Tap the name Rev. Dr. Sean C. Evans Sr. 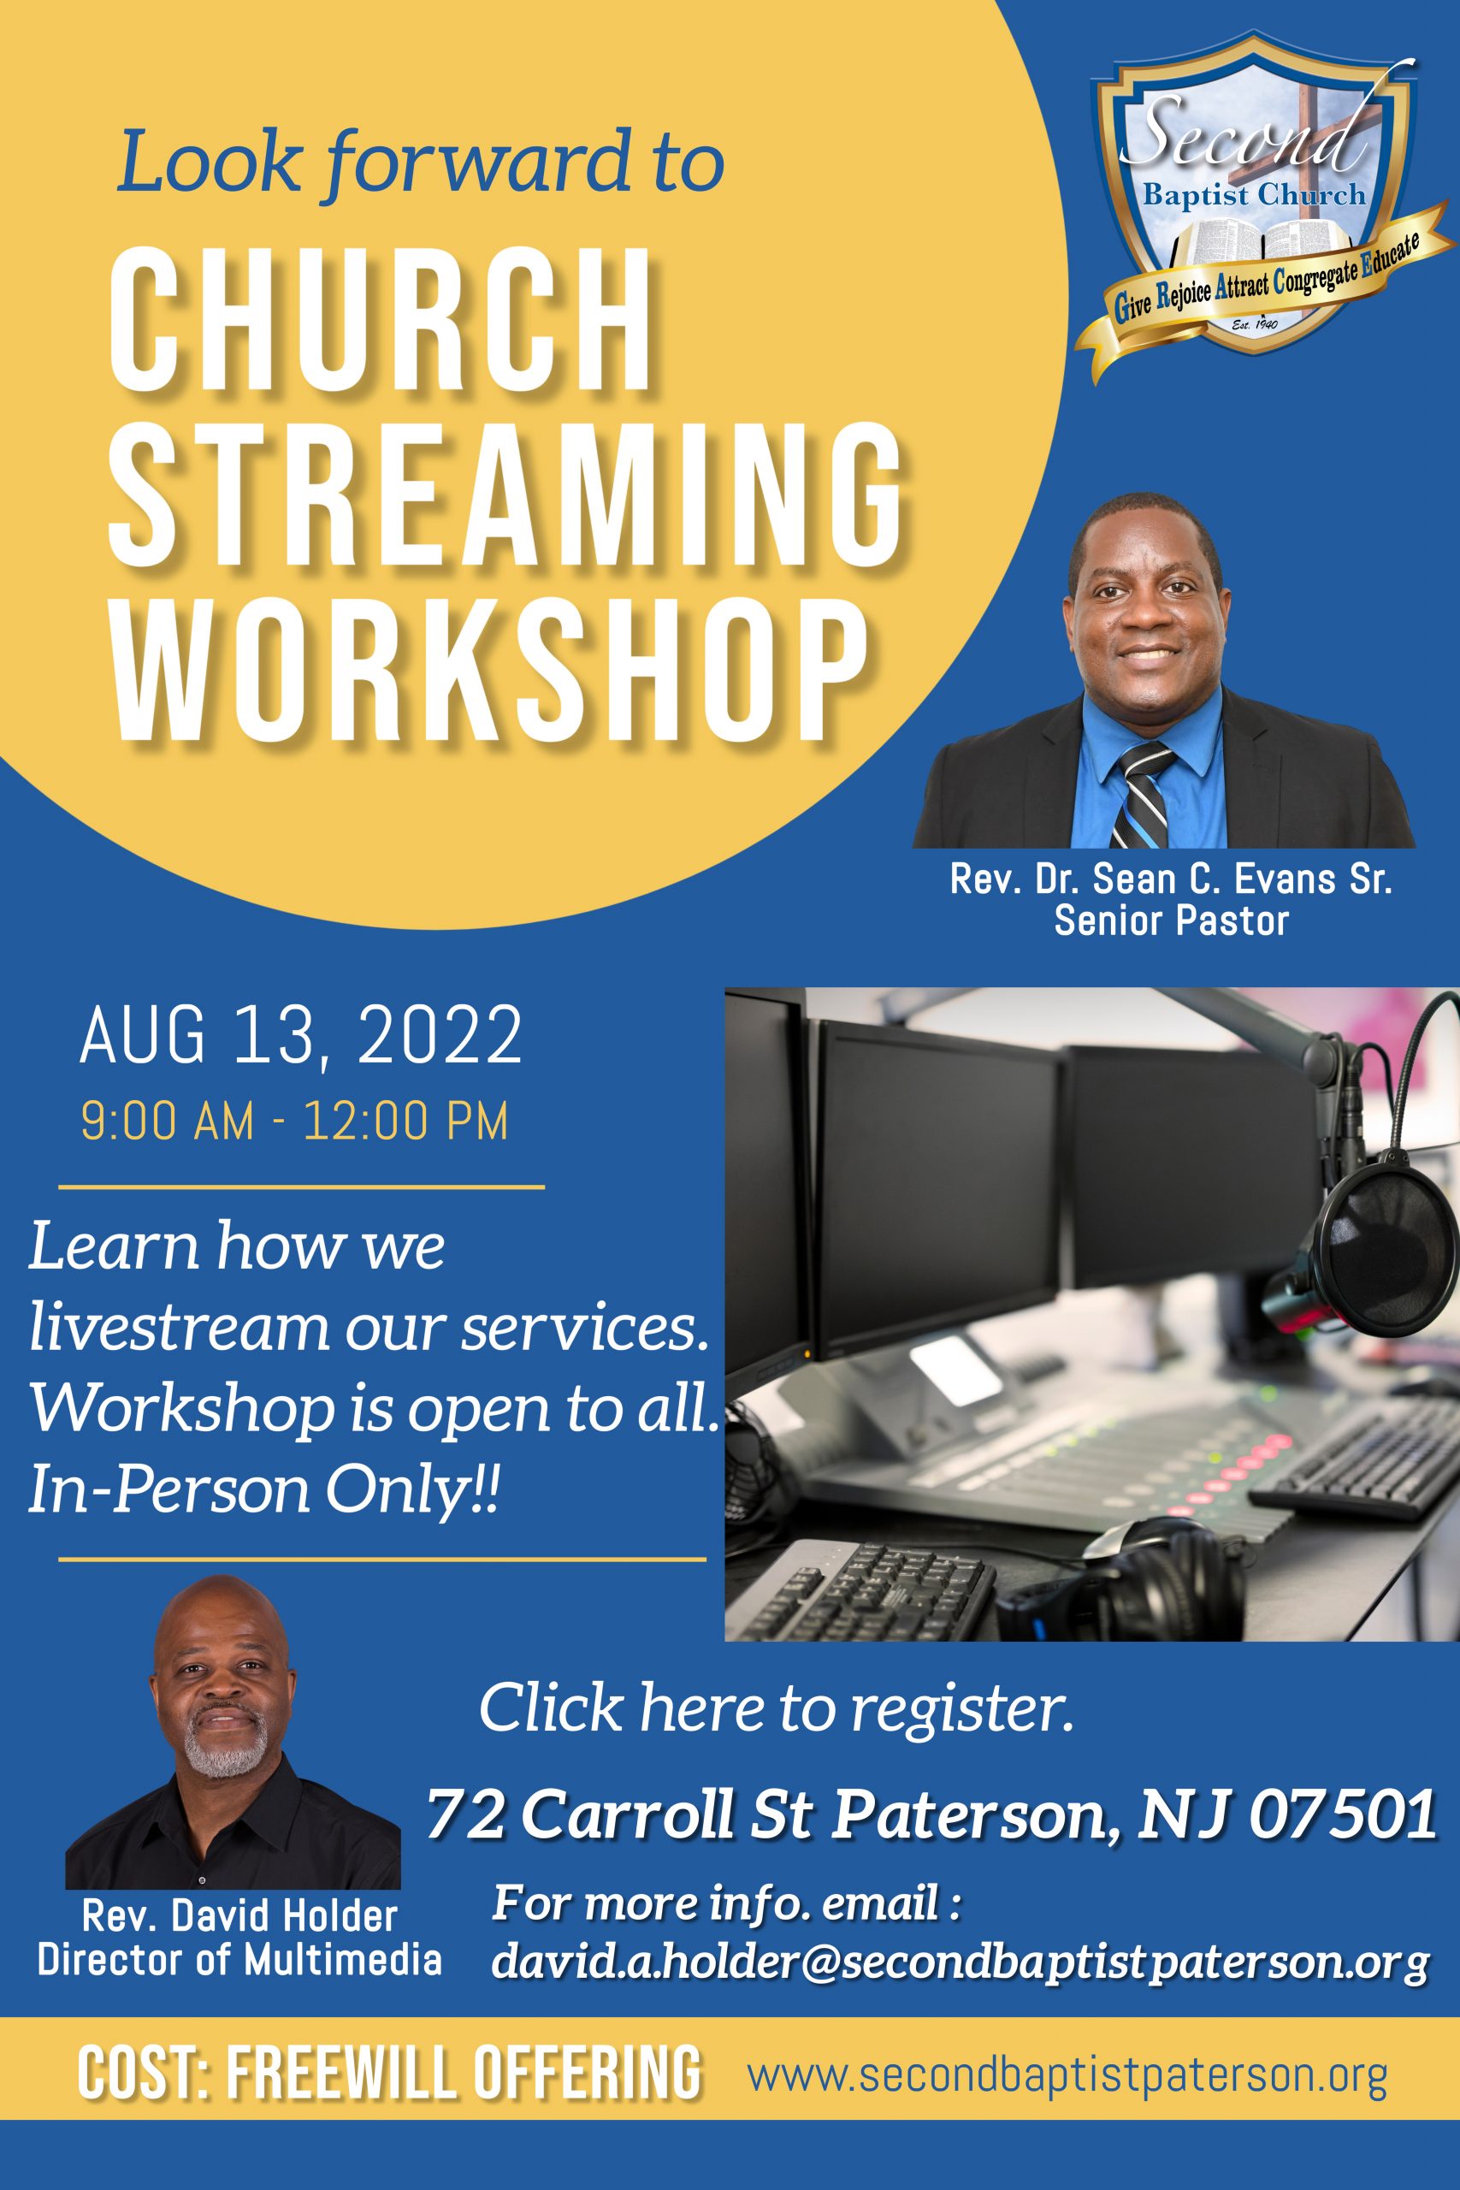coord(1170,880)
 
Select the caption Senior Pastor coord(1172,922)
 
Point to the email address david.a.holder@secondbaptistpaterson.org coord(959,1962)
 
